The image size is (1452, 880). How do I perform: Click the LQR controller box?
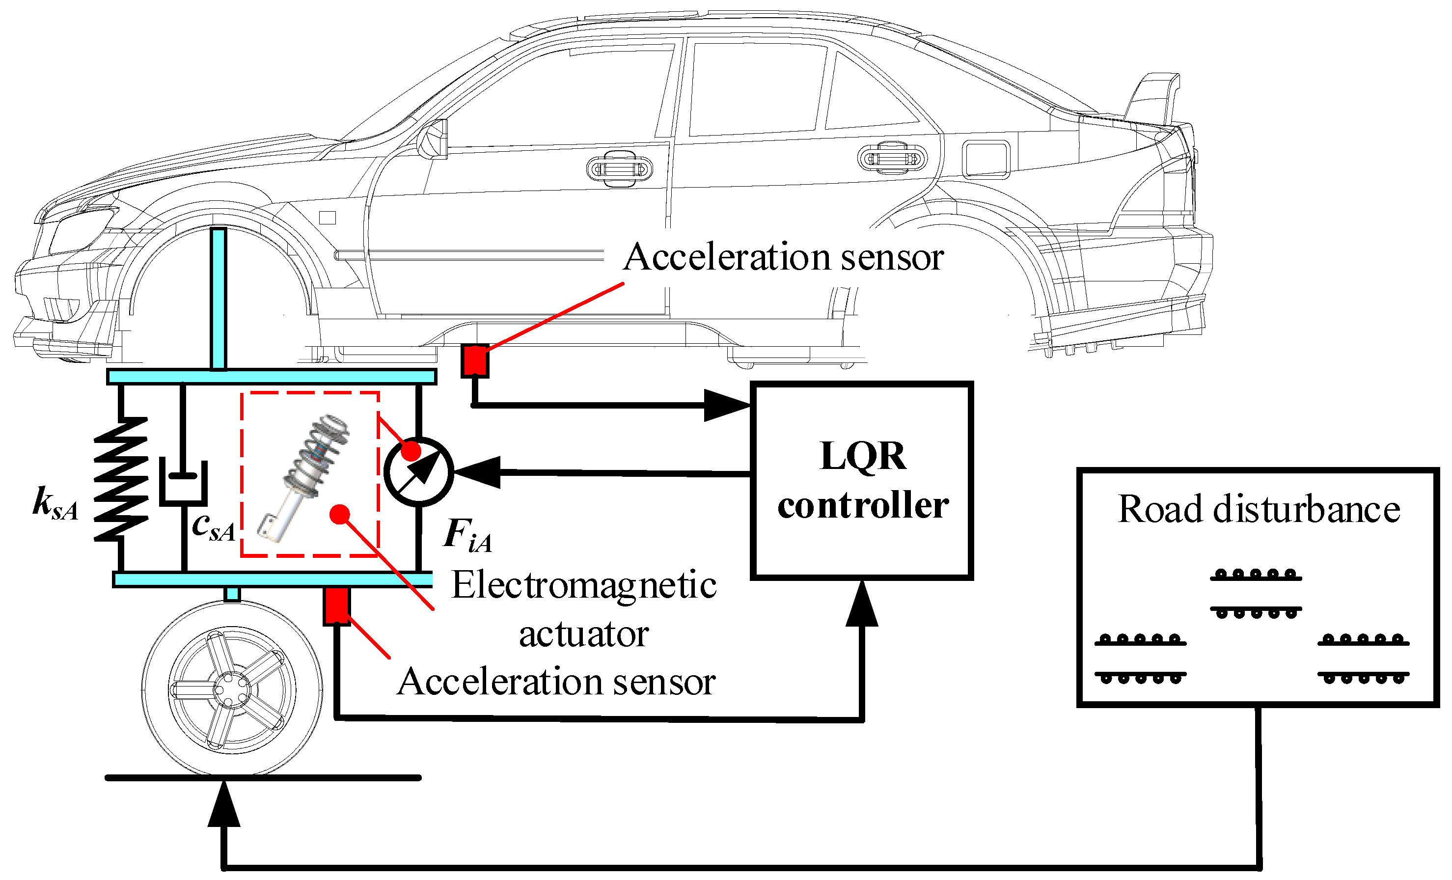point(862,480)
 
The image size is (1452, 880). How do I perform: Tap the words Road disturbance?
point(1259,509)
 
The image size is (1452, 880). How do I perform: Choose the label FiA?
point(466,535)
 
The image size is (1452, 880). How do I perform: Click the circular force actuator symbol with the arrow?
point(418,471)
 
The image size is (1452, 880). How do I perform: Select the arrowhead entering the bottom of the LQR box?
point(862,604)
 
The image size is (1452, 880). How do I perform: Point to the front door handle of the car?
point(619,169)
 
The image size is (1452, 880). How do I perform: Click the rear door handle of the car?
point(892,159)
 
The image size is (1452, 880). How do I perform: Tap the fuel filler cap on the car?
point(986,159)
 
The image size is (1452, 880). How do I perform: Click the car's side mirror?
point(433,139)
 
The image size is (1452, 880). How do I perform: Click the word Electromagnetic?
point(583,586)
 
